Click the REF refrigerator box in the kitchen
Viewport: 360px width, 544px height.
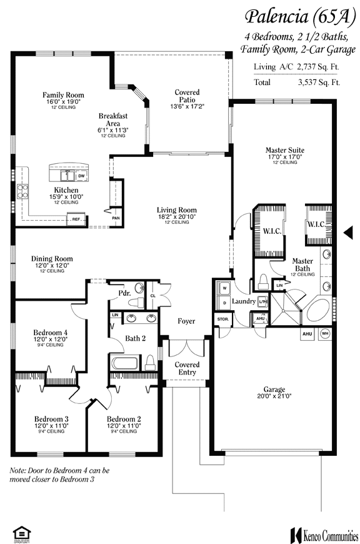point(76,219)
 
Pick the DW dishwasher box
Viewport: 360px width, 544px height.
point(81,176)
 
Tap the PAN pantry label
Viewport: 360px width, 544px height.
point(116,218)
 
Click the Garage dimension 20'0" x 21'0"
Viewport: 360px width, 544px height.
point(274,396)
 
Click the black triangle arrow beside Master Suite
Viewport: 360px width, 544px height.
point(349,233)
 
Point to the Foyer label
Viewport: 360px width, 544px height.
point(186,321)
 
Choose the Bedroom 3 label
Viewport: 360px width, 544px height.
point(51,418)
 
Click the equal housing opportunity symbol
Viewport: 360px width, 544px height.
point(20,533)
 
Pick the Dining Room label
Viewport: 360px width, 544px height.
point(52,258)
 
